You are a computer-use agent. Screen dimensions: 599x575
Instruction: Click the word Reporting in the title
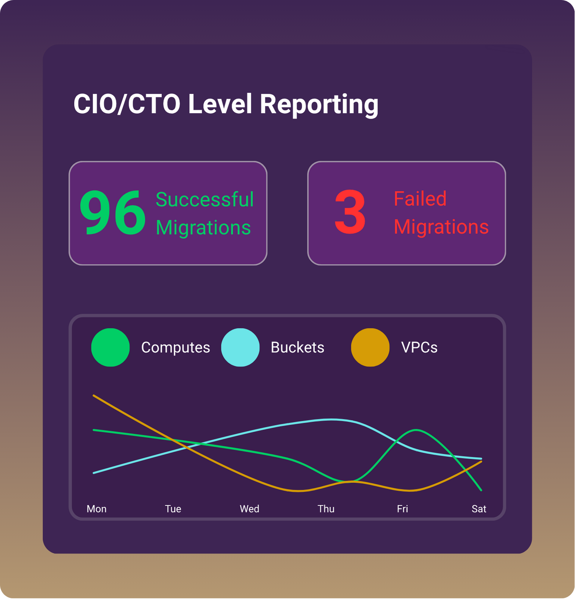pyautogui.click(x=319, y=105)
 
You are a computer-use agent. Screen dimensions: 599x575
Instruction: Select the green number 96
pyautogui.click(x=112, y=213)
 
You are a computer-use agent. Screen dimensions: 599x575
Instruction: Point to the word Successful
pyautogui.click(x=204, y=199)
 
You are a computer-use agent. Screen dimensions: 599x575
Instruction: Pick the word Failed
pyautogui.click(x=420, y=199)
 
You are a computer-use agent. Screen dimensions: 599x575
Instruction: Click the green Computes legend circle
pyautogui.click(x=110, y=347)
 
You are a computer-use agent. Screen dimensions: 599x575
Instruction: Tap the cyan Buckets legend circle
pyautogui.click(x=240, y=347)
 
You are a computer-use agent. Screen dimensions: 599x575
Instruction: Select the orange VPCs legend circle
pyautogui.click(x=370, y=347)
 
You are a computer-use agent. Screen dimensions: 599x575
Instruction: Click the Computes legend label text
pyautogui.click(x=175, y=347)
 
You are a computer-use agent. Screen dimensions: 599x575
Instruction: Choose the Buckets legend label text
pyautogui.click(x=298, y=347)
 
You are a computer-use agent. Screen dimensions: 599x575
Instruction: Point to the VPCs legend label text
pyautogui.click(x=419, y=347)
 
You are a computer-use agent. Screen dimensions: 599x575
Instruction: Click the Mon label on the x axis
pyautogui.click(x=97, y=509)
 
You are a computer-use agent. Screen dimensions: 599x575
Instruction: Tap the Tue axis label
pyautogui.click(x=173, y=509)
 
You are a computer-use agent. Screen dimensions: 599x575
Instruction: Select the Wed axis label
pyautogui.click(x=249, y=509)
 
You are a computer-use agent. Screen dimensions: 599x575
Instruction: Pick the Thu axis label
pyautogui.click(x=326, y=509)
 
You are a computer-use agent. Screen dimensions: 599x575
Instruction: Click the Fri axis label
pyautogui.click(x=403, y=509)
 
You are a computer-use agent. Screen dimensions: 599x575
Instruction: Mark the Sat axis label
pyautogui.click(x=479, y=509)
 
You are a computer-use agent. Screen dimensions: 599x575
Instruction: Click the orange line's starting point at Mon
pyautogui.click(x=94, y=396)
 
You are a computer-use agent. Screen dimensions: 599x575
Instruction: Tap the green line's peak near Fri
pyautogui.click(x=416, y=430)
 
